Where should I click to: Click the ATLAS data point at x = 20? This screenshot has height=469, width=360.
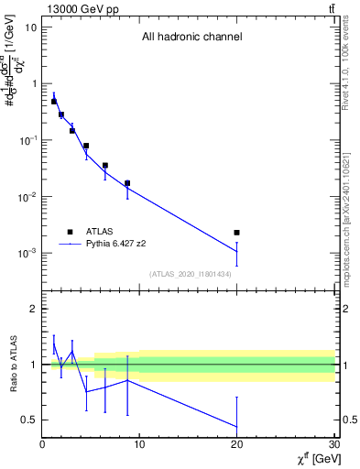(236, 233)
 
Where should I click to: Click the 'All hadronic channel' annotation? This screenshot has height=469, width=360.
(191, 38)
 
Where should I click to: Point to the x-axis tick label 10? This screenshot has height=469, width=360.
(139, 445)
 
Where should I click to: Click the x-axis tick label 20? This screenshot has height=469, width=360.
(236, 445)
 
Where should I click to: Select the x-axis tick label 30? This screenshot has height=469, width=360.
(333, 445)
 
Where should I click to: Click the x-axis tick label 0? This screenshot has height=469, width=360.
(42, 445)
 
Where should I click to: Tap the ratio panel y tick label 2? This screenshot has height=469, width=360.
(33, 310)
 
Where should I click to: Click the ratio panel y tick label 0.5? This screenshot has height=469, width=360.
(28, 420)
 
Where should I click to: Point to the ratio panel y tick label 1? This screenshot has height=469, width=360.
(33, 365)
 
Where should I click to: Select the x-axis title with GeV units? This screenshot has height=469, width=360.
(313, 458)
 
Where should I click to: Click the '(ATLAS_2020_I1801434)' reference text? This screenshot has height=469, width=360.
(190, 274)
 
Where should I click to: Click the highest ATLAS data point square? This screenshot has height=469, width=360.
(54, 102)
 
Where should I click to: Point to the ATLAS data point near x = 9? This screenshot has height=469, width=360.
(127, 183)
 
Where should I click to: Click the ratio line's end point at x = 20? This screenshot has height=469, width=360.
(236, 427)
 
